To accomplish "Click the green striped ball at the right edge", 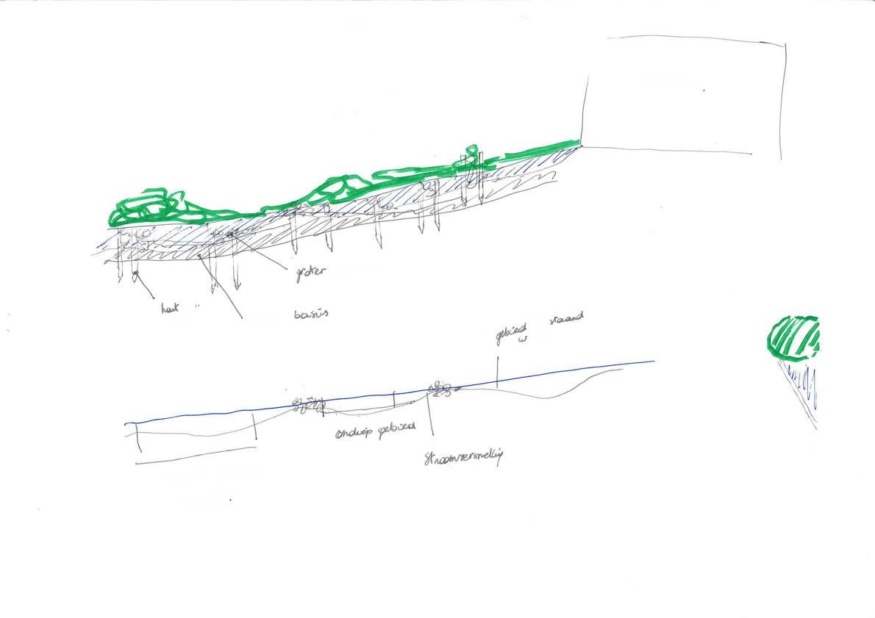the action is pos(793,337).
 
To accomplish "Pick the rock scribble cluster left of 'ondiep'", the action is pos(307,404).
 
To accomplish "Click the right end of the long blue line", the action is pos(653,362).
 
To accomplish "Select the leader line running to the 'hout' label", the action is pos(145,287).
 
